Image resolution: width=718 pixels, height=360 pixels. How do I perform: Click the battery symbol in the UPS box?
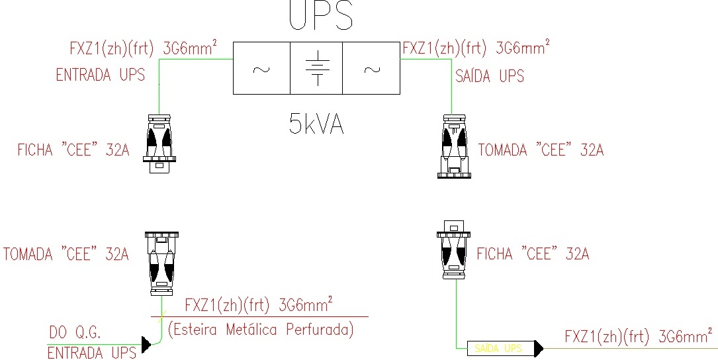pos(317,68)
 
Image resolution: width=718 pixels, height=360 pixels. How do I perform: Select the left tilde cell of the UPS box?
pos(261,68)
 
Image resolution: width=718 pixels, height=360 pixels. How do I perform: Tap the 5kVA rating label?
pos(316,124)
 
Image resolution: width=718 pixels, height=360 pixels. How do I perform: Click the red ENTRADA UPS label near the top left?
pos(100,75)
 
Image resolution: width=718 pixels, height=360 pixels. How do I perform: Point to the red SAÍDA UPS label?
pos(490,76)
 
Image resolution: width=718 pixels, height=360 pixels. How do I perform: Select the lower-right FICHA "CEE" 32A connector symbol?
pos(454,251)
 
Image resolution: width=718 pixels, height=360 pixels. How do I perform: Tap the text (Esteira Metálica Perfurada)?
pos(261,329)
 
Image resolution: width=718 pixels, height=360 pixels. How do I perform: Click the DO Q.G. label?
pos(75,332)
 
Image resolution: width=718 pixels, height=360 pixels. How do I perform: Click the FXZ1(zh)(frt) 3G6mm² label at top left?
pos(143,48)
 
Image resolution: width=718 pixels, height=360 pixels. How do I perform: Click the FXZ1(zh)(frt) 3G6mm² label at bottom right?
pos(638,336)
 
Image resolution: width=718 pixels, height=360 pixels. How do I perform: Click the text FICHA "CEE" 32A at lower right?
pos(533,253)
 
